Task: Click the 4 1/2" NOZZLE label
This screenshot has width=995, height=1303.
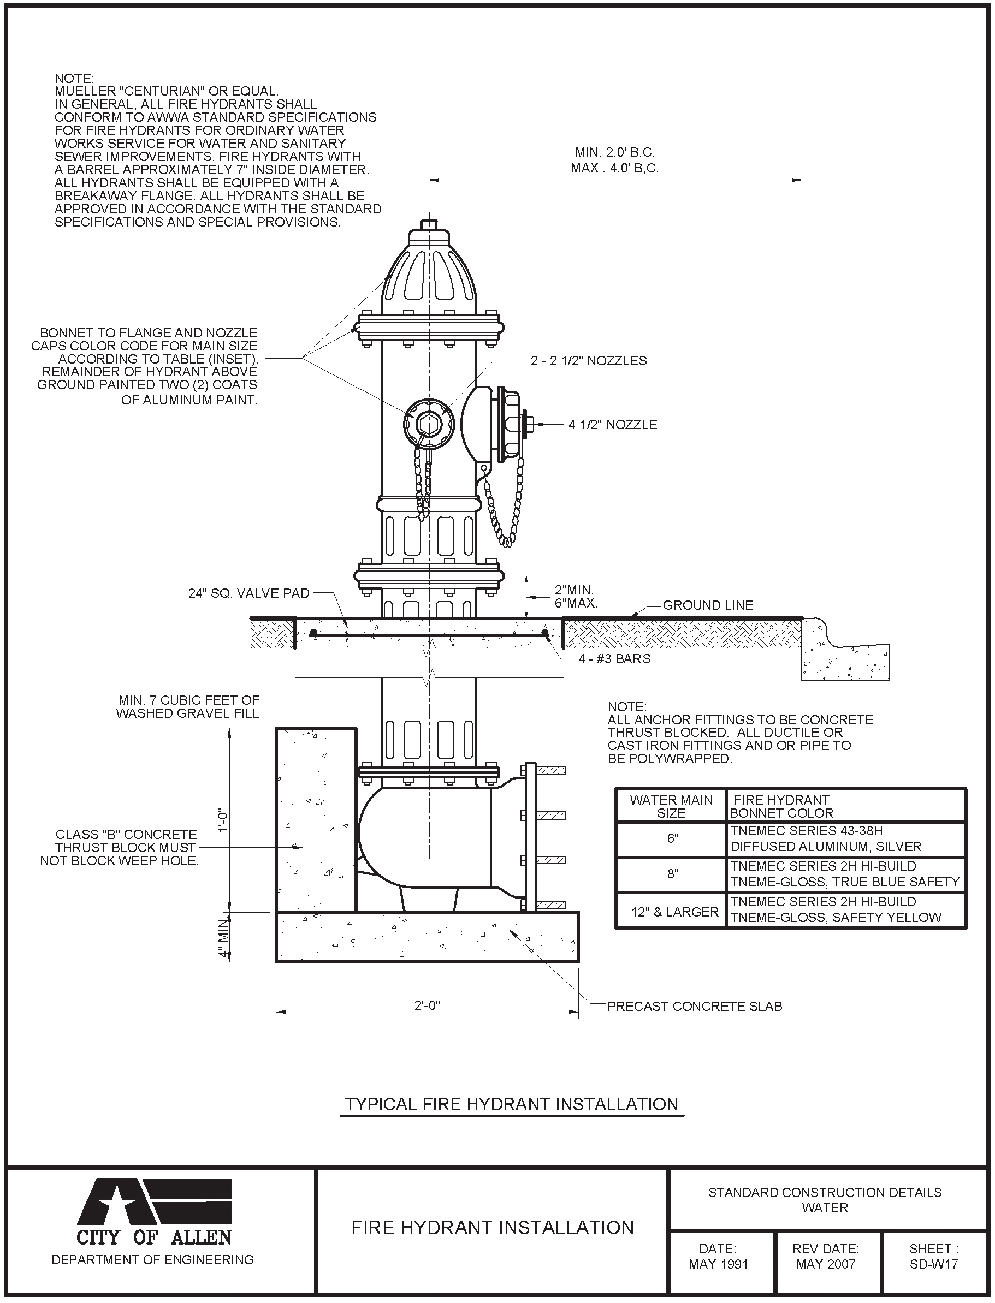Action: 612,425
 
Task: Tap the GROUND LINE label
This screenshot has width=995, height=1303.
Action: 708,605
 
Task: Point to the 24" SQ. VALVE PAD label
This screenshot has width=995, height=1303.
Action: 249,593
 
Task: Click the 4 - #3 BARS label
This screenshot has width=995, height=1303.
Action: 614,659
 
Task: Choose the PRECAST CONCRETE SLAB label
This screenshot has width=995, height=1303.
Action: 695,1007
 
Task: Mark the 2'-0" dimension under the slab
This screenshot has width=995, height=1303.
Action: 427,1005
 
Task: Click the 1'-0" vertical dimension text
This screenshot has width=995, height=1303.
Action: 223,820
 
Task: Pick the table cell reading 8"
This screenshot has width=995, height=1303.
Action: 672,874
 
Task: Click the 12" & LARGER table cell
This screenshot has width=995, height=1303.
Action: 674,912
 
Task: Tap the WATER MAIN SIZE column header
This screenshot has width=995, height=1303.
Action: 671,806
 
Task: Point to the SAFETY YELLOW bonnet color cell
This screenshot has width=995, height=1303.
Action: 836,910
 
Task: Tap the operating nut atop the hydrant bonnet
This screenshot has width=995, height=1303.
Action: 429,225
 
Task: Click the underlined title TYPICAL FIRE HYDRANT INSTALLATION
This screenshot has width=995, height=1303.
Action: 512,1104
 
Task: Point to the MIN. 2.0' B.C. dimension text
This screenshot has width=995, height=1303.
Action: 615,153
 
